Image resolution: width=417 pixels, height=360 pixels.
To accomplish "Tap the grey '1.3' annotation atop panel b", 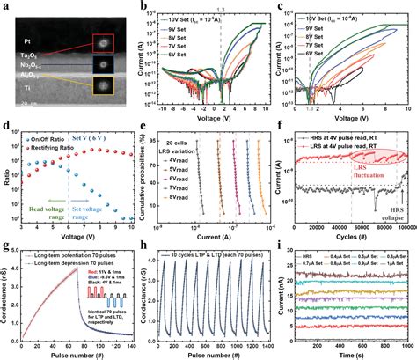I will click(223, 8).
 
